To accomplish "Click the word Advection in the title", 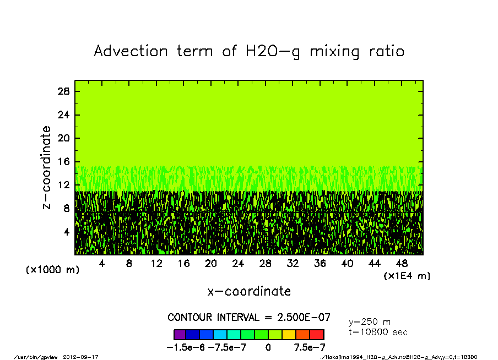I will (131, 51).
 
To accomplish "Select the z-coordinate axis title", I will (47, 167).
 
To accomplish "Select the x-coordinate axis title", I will (249, 291).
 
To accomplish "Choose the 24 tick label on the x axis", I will (238, 264).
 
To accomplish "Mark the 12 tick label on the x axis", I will (156, 264).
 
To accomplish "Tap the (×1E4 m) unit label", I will (407, 275).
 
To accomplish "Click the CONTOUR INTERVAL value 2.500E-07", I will (304, 318).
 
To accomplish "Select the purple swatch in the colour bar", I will (179, 334).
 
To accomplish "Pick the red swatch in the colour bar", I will (317, 334).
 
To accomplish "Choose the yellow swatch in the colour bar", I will (289, 334).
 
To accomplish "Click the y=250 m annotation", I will (370, 321).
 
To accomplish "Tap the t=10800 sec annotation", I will (378, 332).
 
